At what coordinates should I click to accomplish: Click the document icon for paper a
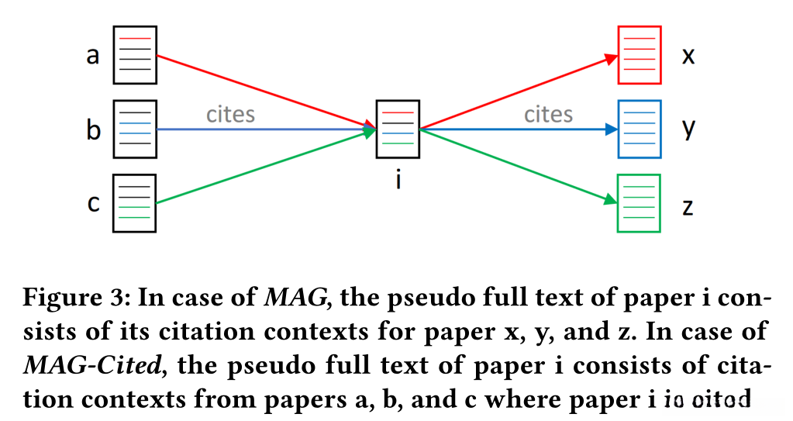(136, 55)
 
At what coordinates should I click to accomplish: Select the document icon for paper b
(136, 129)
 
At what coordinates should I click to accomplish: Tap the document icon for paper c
(135, 203)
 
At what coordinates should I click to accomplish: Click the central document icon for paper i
(398, 129)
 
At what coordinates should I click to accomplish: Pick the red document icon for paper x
(640, 55)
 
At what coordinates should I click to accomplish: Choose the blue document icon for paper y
(640, 129)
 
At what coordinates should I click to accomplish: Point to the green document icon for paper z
(640, 203)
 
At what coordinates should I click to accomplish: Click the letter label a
(93, 57)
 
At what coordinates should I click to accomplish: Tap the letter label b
(93, 129)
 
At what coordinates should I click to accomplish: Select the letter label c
(93, 204)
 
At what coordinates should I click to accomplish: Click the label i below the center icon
(398, 180)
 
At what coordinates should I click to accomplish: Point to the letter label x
(688, 57)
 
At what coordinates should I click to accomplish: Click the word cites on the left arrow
(230, 115)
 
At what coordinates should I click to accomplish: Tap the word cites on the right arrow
(548, 115)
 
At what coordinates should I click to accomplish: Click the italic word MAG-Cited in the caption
(78, 365)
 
